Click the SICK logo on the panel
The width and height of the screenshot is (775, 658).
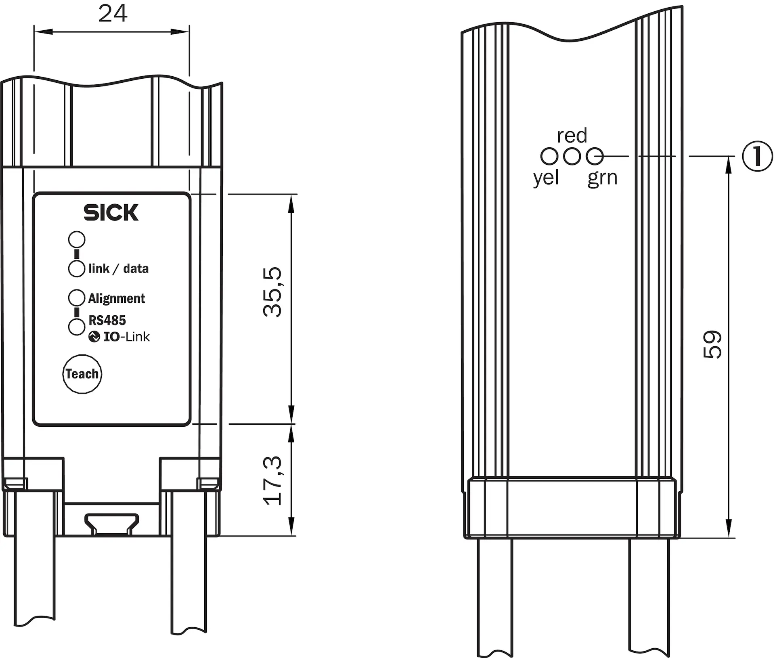(111, 212)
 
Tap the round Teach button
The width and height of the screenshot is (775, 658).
(82, 374)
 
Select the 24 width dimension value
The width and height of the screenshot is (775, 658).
(113, 13)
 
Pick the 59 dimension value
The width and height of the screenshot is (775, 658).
(712, 344)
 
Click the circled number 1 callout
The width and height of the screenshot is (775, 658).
(758, 156)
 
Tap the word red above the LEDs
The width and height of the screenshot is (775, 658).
(572, 136)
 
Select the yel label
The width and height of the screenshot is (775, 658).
(546, 178)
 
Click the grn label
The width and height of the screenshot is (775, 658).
(602, 178)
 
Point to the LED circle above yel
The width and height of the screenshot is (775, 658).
(549, 156)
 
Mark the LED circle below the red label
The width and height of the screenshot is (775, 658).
(572, 156)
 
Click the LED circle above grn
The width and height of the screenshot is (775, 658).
(595, 156)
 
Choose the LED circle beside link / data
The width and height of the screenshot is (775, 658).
(77, 268)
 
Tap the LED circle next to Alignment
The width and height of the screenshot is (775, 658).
(77, 298)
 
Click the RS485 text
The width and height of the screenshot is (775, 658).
(107, 321)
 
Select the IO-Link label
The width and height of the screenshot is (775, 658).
(126, 337)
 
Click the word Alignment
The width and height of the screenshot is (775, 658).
(116, 299)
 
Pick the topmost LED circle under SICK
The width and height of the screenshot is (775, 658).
(77, 239)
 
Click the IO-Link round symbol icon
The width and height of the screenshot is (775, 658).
(94, 337)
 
